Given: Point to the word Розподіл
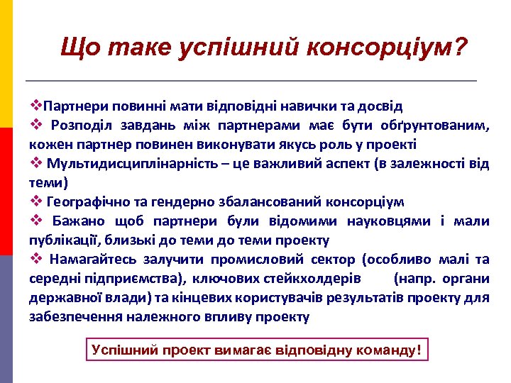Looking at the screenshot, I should click(80, 126).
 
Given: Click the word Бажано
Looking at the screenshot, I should click(75, 221).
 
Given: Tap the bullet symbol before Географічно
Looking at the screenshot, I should click(35, 202).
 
